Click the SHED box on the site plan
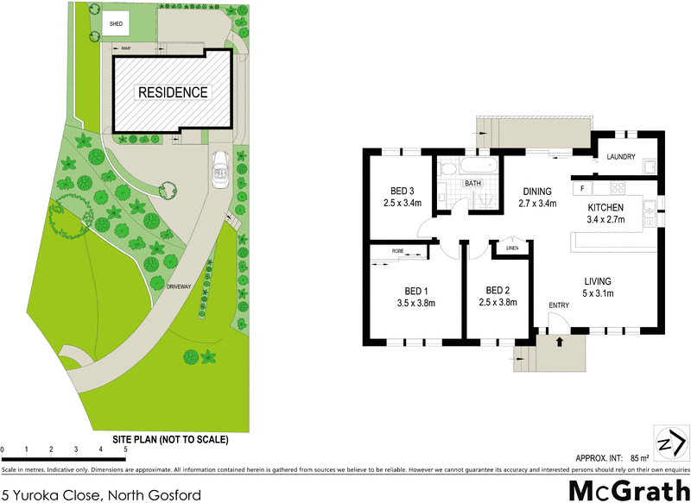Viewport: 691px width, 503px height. coord(116,24)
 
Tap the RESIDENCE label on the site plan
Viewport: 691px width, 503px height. coord(174,92)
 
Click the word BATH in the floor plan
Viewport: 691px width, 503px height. coord(473,184)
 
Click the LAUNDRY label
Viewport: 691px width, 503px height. coord(621,157)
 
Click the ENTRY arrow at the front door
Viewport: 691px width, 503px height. coord(561,342)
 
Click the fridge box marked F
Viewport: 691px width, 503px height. coord(583,187)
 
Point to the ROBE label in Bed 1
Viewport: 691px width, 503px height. coord(397,251)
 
